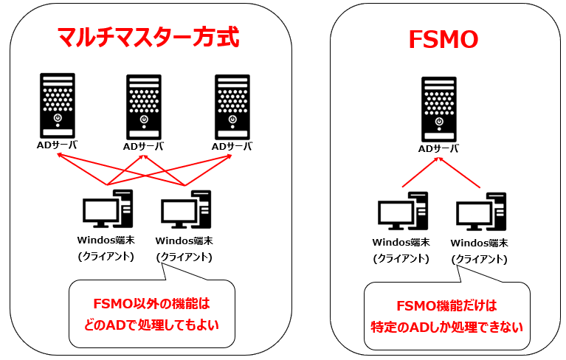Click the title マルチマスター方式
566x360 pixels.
click(148, 37)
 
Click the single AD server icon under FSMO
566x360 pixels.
click(438, 108)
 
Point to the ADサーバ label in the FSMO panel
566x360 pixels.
click(438, 148)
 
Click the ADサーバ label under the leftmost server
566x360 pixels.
click(57, 145)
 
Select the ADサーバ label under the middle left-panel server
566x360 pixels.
click(143, 146)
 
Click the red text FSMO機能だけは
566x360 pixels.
click(447, 306)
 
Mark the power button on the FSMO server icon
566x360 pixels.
click(438, 121)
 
